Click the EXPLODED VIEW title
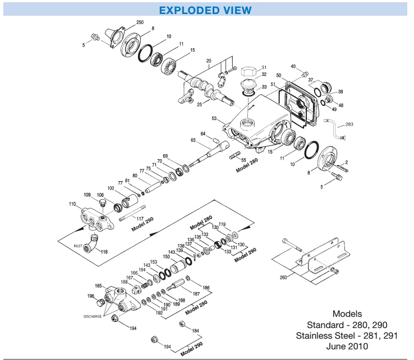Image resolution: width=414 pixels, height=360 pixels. tap(205, 10)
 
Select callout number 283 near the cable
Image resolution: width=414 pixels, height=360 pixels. tap(349, 124)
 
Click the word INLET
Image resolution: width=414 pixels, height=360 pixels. tap(77, 246)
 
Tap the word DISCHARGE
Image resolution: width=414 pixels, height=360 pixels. tap(93, 316)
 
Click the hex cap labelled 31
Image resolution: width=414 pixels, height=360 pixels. tap(249, 72)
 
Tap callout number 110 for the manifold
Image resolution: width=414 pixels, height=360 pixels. tap(72, 204)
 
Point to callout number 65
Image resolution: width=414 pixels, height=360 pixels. tap(193, 140)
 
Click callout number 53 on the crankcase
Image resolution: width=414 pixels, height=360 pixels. tap(214, 118)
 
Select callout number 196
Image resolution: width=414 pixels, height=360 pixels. tap(91, 296)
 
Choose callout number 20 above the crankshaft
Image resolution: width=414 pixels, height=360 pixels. tap(208, 60)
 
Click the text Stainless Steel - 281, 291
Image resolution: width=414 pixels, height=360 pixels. tap(347, 336)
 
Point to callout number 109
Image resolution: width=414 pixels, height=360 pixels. tap(88, 195)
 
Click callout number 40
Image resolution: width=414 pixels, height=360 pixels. tap(293, 67)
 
